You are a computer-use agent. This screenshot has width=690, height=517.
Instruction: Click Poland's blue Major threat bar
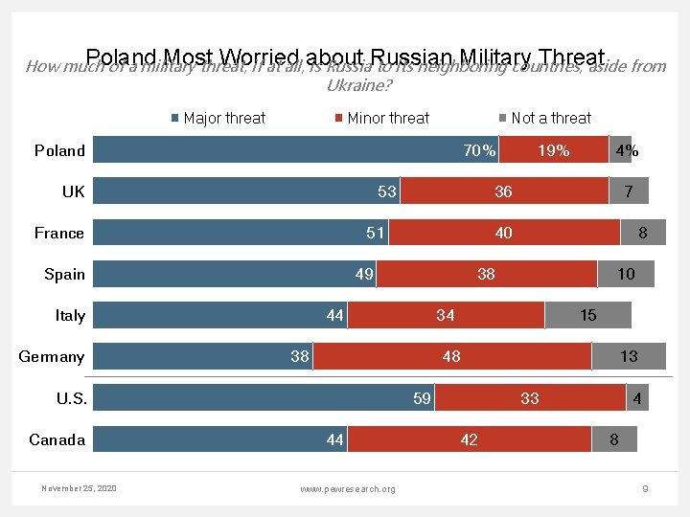click(x=287, y=150)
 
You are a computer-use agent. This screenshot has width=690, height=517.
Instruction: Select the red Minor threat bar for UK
click(x=503, y=191)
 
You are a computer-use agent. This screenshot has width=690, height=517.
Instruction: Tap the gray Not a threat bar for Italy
click(x=588, y=315)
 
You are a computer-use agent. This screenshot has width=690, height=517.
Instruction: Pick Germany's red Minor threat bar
click(x=451, y=356)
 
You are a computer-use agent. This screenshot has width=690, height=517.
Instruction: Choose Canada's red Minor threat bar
click(x=469, y=439)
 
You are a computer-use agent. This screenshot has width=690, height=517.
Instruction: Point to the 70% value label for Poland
click(x=479, y=150)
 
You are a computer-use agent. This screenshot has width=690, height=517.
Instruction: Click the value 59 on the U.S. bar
click(x=422, y=398)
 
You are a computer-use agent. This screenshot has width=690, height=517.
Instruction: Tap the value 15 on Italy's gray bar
click(x=588, y=315)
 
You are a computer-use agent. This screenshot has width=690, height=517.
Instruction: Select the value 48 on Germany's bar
click(x=451, y=356)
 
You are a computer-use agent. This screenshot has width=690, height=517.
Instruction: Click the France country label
click(x=59, y=233)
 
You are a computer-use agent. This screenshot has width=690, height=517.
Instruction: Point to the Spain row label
click(x=64, y=274)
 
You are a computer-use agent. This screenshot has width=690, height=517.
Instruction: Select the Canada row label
click(x=57, y=439)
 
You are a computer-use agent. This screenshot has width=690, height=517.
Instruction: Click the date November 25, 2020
click(x=79, y=488)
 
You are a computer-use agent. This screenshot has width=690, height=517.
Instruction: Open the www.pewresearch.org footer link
click(x=347, y=489)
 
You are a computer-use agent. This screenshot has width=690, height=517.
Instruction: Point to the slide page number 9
click(x=645, y=489)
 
